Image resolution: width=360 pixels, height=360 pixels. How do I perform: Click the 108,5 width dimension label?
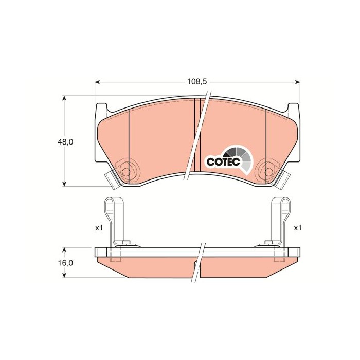click(197, 81)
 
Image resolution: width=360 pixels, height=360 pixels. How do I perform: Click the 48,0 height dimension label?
click(65, 142)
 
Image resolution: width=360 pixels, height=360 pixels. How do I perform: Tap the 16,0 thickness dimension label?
click(65, 263)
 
